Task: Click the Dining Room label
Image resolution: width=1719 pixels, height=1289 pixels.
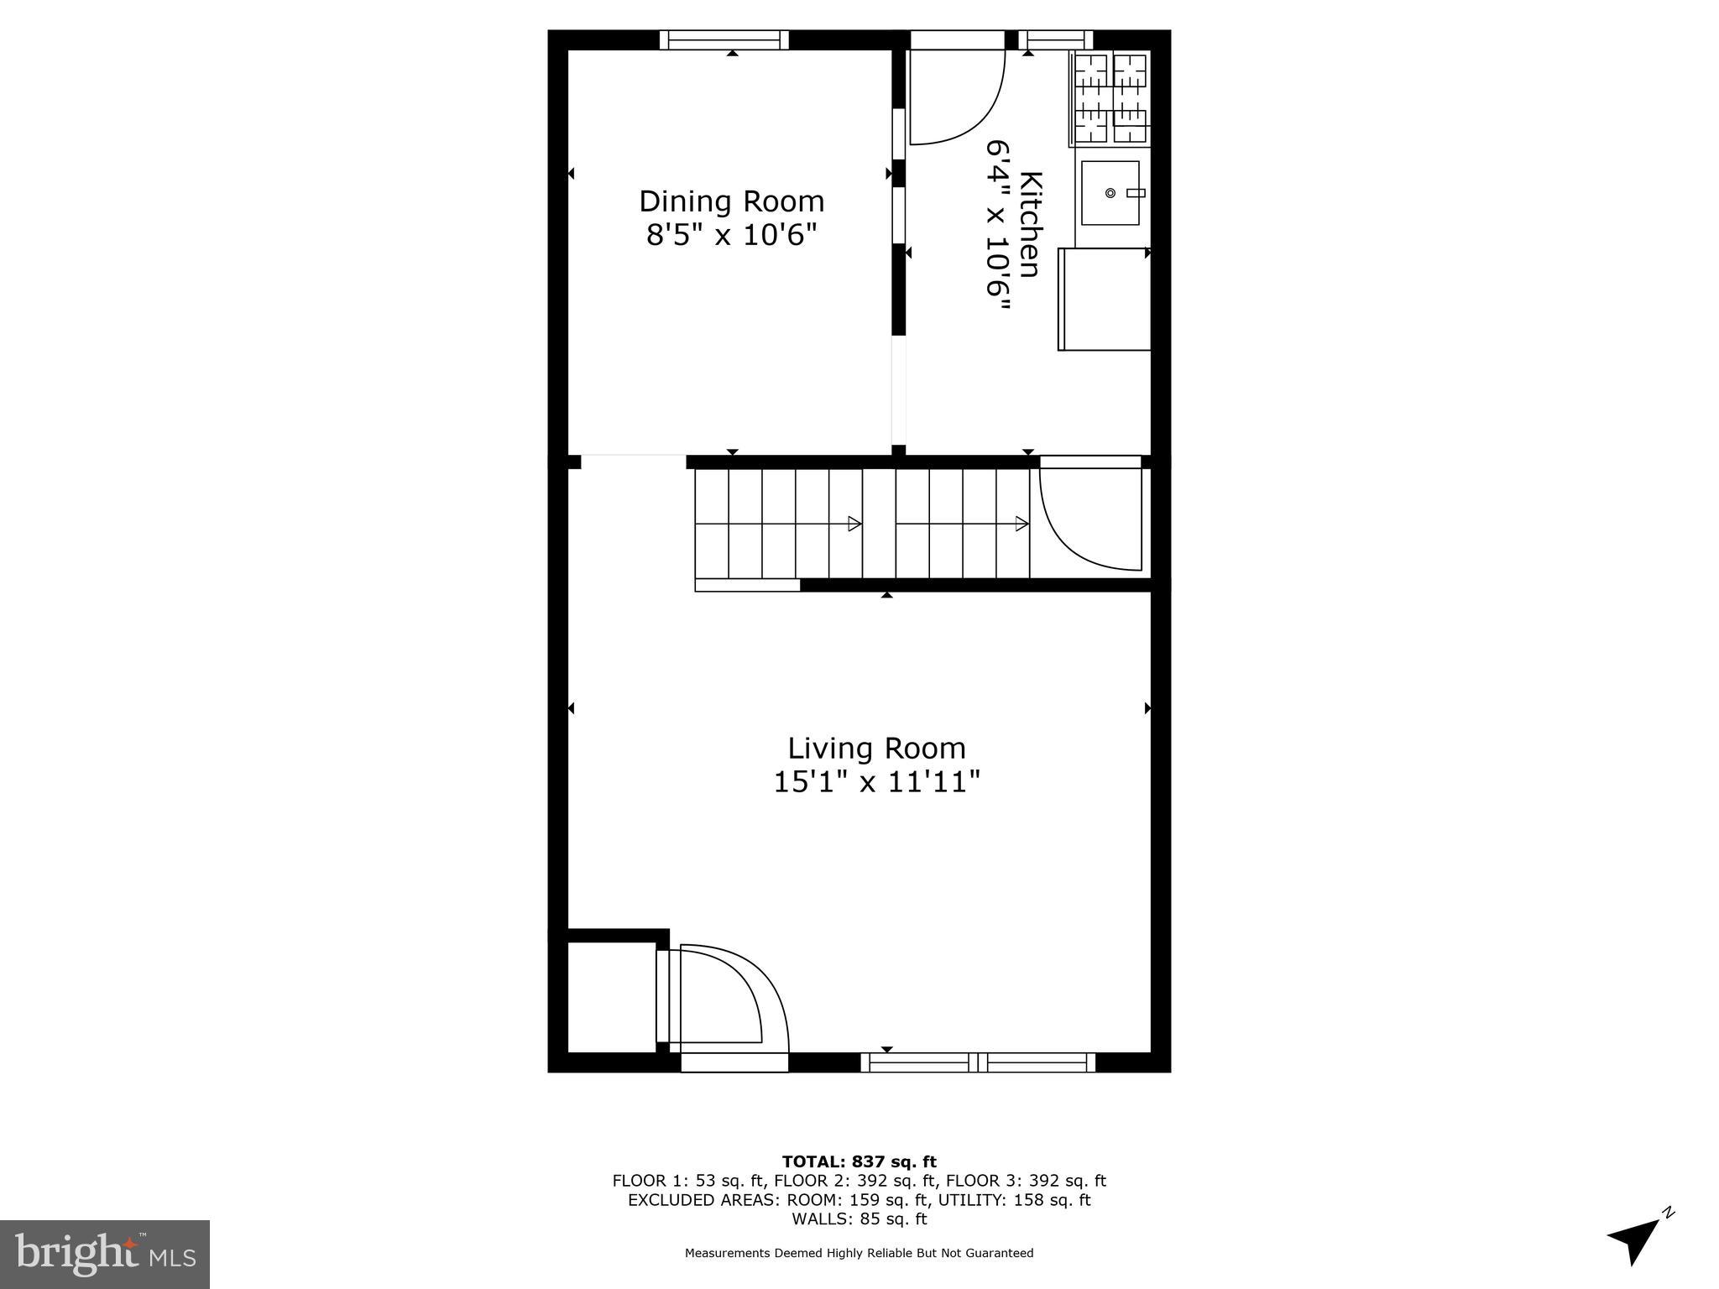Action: click(x=731, y=201)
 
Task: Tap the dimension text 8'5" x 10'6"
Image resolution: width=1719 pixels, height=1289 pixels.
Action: click(x=731, y=235)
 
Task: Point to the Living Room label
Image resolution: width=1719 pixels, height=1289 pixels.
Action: click(x=876, y=748)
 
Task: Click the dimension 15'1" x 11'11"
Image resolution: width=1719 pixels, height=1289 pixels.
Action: click(x=876, y=782)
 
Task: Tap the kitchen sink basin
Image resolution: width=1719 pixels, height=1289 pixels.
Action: click(x=1110, y=193)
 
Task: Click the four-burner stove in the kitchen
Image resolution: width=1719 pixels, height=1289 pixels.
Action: click(x=1110, y=97)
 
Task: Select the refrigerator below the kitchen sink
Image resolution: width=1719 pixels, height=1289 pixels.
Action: click(x=1103, y=299)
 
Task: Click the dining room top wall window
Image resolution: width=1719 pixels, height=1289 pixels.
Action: click(x=724, y=39)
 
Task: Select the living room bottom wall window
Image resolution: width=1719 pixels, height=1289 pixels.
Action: click(x=978, y=1062)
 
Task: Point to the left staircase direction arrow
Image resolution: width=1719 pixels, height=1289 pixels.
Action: click(x=854, y=524)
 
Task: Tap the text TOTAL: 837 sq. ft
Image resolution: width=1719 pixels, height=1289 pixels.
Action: click(x=859, y=1161)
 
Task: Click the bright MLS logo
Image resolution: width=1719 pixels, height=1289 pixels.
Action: click(x=105, y=1254)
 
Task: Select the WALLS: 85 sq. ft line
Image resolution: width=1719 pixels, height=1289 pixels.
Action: click(x=859, y=1219)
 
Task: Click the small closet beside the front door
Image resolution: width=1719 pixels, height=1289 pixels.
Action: click(x=612, y=996)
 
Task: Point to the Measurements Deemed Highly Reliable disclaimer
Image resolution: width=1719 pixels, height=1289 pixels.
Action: click(x=859, y=1253)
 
